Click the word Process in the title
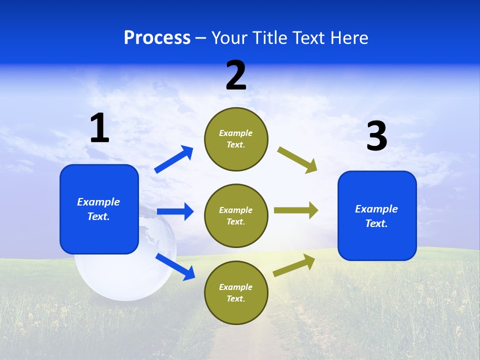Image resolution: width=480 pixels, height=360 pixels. pyautogui.click(x=157, y=38)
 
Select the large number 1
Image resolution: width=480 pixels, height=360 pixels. pyautogui.click(x=99, y=128)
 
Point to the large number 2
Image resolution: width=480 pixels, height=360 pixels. pyautogui.click(x=236, y=75)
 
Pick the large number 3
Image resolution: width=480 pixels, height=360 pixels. pyautogui.click(x=376, y=136)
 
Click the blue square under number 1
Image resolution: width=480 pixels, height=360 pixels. pyautogui.click(x=99, y=209)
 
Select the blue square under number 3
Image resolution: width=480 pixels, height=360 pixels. pyautogui.click(x=377, y=215)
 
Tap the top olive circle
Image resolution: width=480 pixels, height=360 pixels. pyautogui.click(x=236, y=139)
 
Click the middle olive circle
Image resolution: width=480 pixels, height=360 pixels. pyautogui.click(x=236, y=215)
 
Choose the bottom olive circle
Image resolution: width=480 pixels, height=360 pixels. pyautogui.click(x=236, y=292)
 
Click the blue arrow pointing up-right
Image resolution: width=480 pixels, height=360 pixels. pyautogui.click(x=174, y=159)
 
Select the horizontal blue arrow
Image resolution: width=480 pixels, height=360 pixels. pyautogui.click(x=175, y=211)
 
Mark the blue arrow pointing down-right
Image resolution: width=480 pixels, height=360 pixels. pyautogui.click(x=175, y=266)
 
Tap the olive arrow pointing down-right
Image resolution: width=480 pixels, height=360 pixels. pyautogui.click(x=297, y=160)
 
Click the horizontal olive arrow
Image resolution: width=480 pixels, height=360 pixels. pyautogui.click(x=296, y=210)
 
